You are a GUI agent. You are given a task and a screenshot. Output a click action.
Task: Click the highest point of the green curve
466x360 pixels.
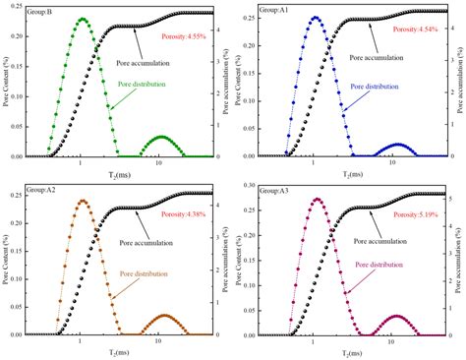(x=83, y=19)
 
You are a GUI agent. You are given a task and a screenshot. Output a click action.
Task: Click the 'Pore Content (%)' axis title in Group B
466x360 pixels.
(x=6, y=85)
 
